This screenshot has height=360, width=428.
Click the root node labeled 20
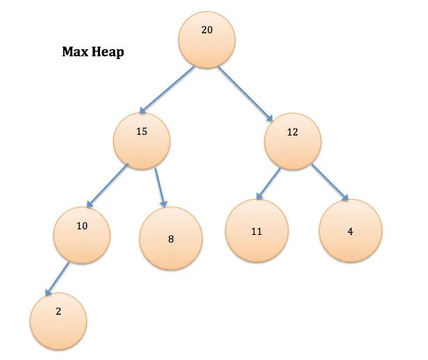tap(206, 40)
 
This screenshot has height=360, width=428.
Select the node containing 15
tap(142, 140)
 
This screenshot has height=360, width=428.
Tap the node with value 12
tap(293, 140)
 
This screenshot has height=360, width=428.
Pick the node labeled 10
tap(82, 234)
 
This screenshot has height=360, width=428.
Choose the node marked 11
tap(256, 231)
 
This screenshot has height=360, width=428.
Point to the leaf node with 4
tap(350, 231)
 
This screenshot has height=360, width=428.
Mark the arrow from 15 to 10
tap(107, 186)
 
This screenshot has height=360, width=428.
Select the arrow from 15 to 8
tap(160, 187)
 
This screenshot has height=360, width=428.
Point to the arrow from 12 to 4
tap(329, 183)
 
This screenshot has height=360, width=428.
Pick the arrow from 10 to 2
tap(57, 278)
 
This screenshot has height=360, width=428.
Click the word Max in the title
tap(76, 52)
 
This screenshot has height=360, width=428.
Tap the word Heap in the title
tap(108, 53)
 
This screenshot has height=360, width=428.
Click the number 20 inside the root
tap(206, 31)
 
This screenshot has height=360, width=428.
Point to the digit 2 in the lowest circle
tap(58, 312)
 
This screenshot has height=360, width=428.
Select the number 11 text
tap(256, 231)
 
